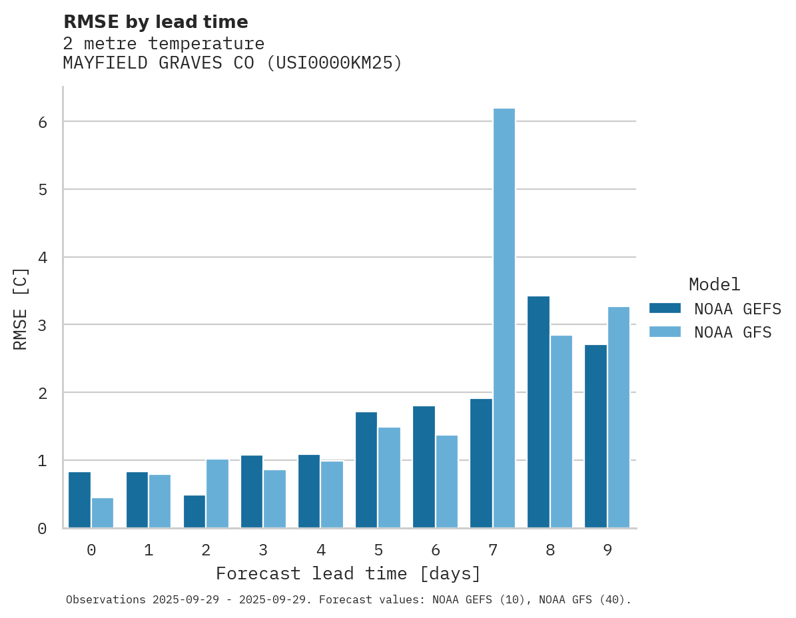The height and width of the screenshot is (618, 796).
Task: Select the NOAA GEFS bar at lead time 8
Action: pos(538,412)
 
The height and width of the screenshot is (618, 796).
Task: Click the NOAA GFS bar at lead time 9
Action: pos(619,418)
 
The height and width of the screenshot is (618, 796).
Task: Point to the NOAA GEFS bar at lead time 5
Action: pos(366,470)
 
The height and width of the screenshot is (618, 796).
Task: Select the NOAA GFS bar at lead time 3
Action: pos(275,499)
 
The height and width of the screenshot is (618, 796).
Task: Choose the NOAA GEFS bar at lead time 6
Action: pos(424,467)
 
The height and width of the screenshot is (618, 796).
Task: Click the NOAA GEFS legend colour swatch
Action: pos(665,308)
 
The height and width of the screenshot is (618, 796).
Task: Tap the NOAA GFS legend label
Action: pos(733,332)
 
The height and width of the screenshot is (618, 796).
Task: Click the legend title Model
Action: pos(715,285)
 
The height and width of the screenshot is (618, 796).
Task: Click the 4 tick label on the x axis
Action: pos(321,550)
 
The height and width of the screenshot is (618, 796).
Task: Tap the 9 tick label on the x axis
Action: pos(607,550)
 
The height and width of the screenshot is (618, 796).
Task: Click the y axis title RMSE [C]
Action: pos(21,308)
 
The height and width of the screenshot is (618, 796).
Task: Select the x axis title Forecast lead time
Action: pos(348,573)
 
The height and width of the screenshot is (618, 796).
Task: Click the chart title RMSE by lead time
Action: pos(155,22)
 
